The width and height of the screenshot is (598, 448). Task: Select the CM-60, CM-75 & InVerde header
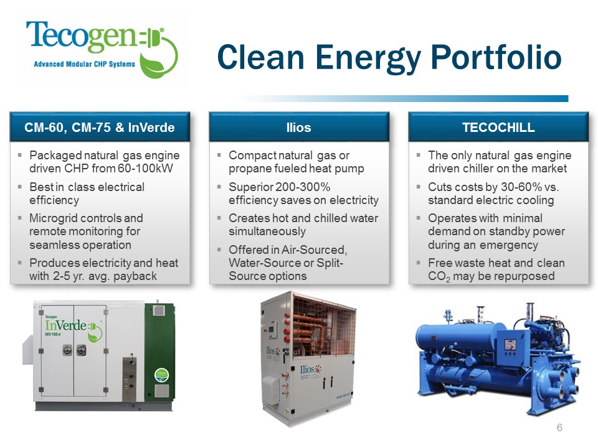point(99,128)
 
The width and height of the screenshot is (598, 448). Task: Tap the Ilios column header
point(298,128)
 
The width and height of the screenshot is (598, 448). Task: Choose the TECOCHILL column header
point(498,128)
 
